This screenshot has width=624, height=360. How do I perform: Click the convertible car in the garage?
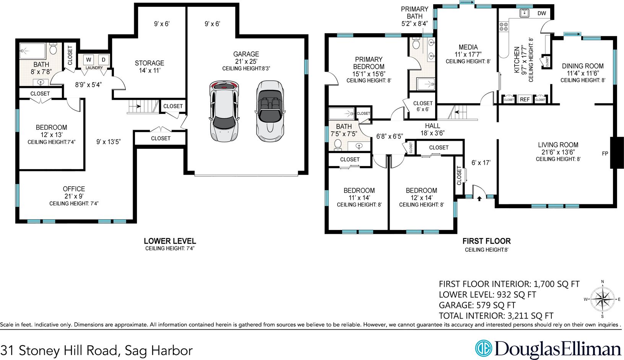coord(270,111)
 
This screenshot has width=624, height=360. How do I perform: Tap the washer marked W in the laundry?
coord(89,60)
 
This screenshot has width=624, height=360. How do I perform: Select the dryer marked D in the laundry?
coord(103,60)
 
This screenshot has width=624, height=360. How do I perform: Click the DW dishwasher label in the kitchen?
coord(541,13)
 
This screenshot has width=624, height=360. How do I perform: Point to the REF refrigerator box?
coord(525,99)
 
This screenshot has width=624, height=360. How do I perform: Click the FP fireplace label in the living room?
coord(605,153)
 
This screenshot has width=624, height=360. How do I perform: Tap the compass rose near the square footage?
coord(602,299)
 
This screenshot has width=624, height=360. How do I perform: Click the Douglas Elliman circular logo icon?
coord(484,348)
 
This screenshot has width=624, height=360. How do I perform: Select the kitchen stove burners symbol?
coord(504,26)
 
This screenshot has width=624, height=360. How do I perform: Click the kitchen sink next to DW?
coord(524,13)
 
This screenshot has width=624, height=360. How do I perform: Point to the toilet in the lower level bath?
coord(53,49)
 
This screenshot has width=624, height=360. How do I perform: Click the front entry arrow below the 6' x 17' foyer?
coord(479,199)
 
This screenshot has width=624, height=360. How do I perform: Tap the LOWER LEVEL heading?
coord(170,241)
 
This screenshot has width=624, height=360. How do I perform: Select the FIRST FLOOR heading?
coord(487,241)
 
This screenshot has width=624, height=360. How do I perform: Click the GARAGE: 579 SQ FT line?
coord(477,305)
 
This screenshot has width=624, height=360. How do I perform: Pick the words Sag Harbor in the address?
coord(159,350)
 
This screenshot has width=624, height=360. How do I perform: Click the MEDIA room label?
coord(468,47)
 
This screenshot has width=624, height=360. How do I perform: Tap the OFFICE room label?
coord(74,189)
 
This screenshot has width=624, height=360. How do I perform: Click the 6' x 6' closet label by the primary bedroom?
coord(422,109)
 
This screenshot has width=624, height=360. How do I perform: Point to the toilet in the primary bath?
coord(416,44)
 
